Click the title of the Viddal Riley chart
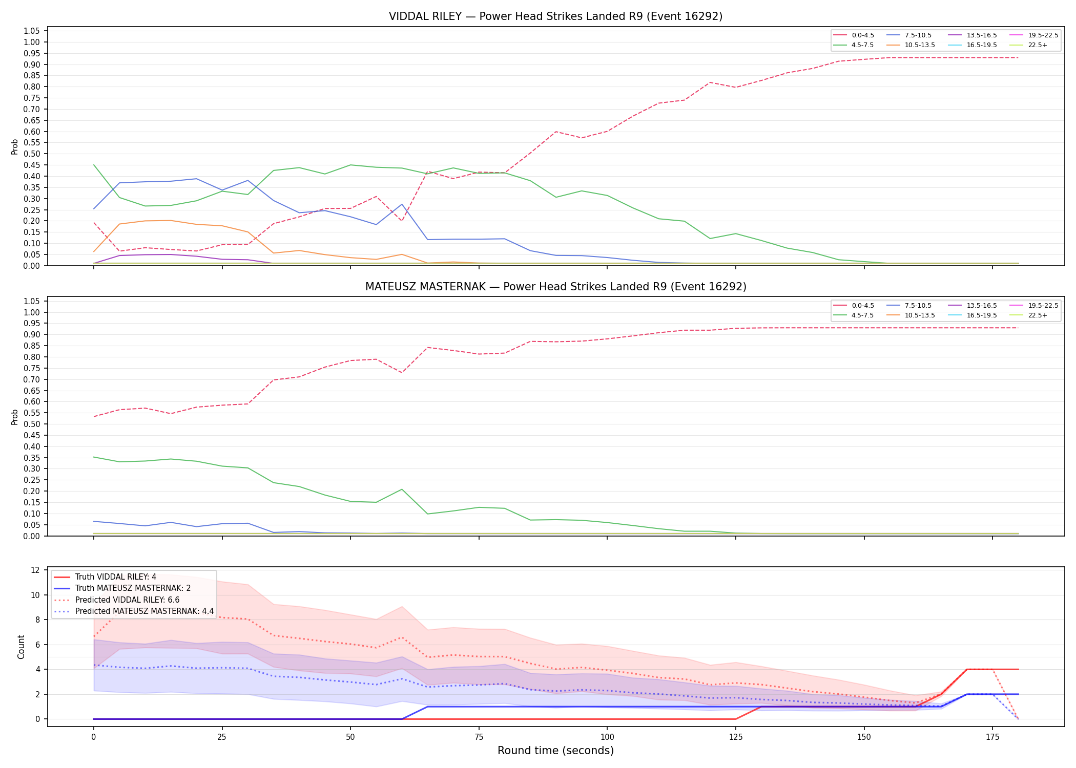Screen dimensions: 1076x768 click(555, 16)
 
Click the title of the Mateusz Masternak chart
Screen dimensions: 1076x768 click(555, 287)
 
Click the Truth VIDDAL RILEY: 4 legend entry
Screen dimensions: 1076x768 click(105, 577)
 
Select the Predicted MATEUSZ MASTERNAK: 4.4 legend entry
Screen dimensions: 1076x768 click(134, 611)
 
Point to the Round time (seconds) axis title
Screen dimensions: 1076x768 click(555, 751)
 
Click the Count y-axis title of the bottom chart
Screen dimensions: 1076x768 click(21, 647)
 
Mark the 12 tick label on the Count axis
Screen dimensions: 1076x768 click(35, 570)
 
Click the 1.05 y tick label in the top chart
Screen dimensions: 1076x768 click(32, 31)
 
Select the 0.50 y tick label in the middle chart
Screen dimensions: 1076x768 click(32, 424)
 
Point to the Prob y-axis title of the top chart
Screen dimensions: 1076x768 click(15, 147)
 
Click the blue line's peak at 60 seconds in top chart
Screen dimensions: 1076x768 click(402, 204)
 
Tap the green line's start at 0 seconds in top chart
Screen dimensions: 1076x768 click(94, 165)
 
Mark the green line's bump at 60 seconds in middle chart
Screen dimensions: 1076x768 click(402, 489)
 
